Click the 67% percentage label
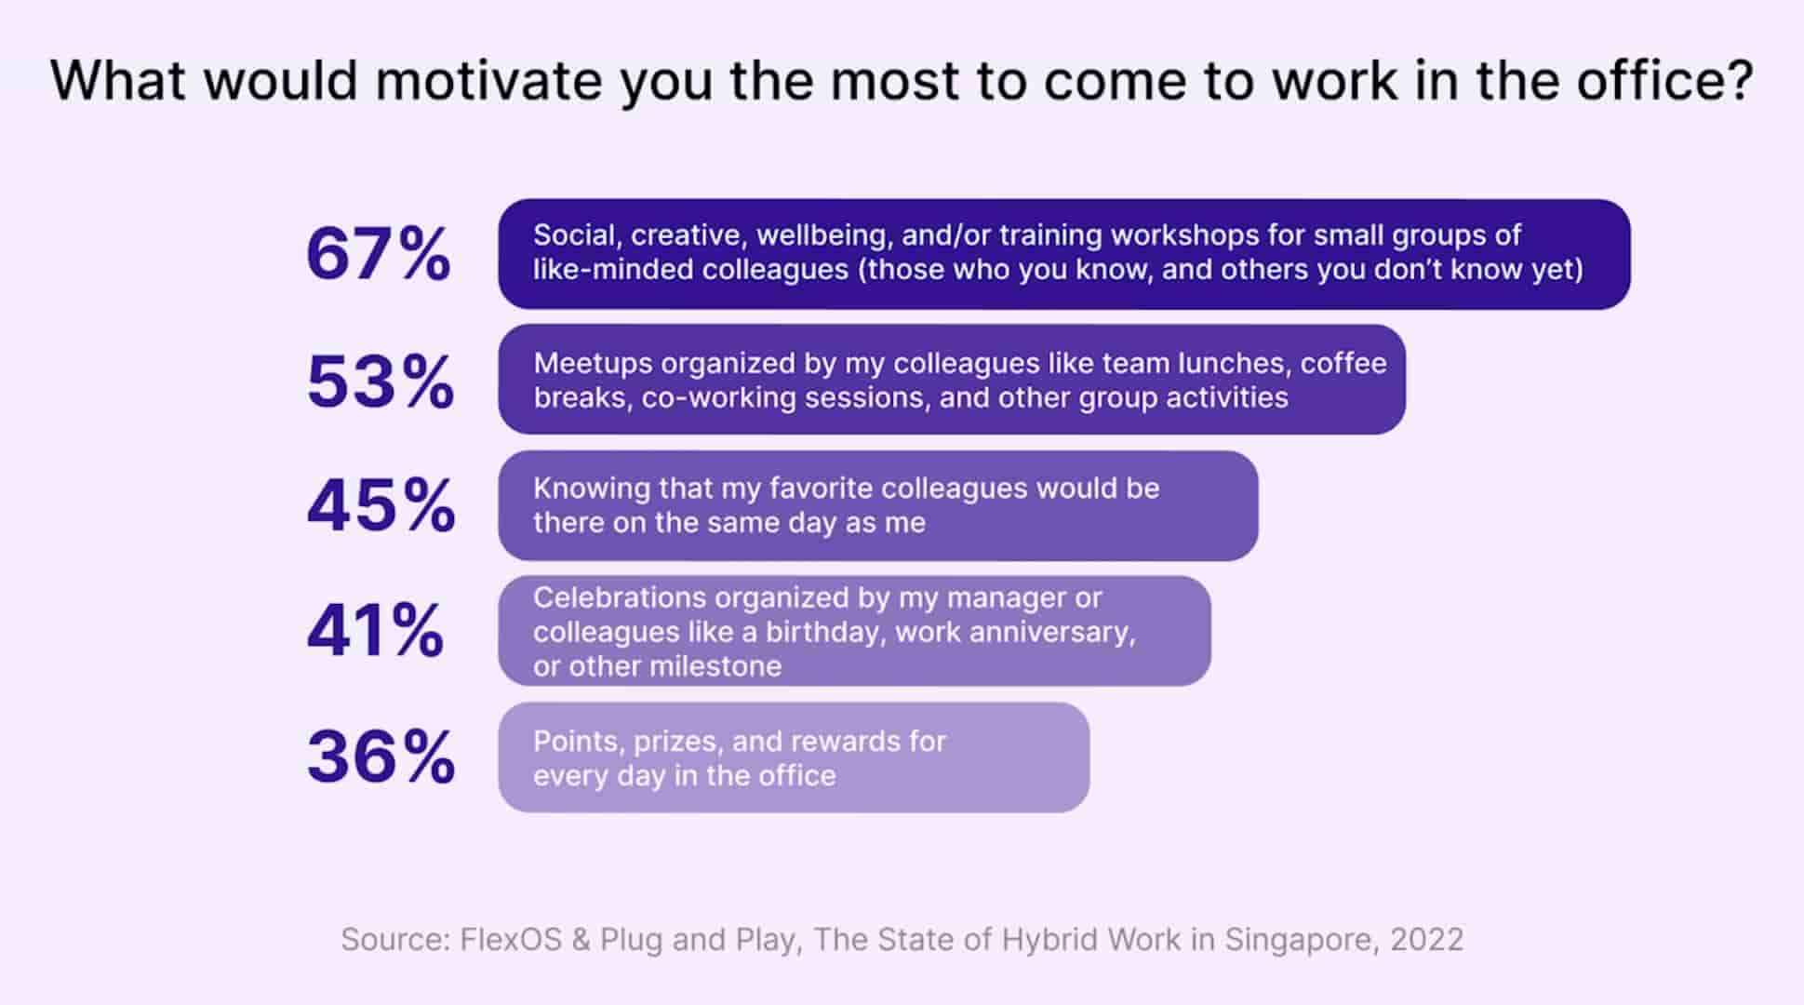point(379,255)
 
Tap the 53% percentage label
point(381,382)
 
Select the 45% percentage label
point(381,505)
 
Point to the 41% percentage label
point(375,631)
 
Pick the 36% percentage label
point(381,757)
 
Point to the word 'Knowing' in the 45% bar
point(591,489)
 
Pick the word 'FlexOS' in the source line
point(511,940)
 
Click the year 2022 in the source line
point(1426,940)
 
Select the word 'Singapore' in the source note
point(1298,940)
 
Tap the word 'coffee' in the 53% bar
point(1343,363)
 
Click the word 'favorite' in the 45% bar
point(820,489)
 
